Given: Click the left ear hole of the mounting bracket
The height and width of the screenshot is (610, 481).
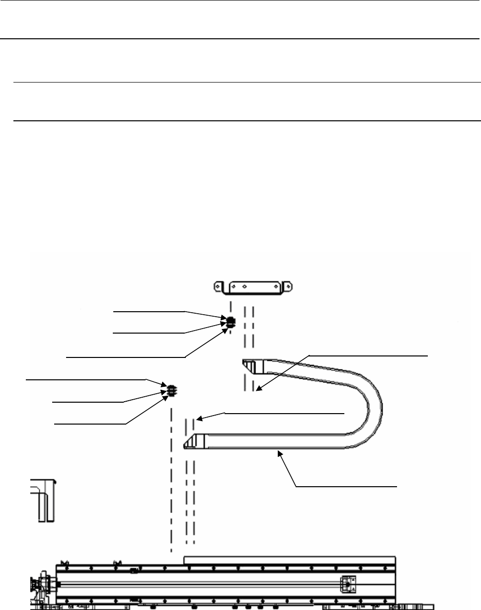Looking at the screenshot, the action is (217, 286).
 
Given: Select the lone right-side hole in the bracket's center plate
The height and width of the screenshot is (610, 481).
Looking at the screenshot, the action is (273, 286).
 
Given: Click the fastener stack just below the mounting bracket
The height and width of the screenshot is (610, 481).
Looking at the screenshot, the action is (230, 322).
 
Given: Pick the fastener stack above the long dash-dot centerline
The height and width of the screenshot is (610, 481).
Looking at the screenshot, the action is (170, 391).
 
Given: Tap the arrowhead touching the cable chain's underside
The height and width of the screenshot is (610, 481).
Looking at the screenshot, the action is (281, 452).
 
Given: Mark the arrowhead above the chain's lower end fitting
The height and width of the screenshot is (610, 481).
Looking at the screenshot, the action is (197, 419).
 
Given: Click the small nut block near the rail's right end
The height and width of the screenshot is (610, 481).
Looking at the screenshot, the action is (347, 584).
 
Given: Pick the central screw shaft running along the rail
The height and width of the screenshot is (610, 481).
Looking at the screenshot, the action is (199, 584).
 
